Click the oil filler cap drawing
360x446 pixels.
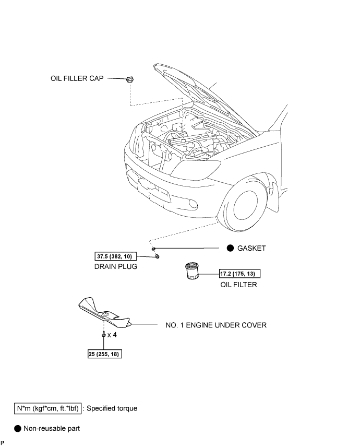coord(130,79)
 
